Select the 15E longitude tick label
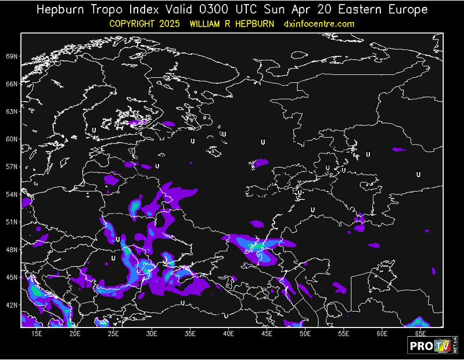pyautogui.click(x=37, y=333)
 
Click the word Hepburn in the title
pyautogui.click(x=62, y=10)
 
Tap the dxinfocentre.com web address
pyautogui.click(x=319, y=24)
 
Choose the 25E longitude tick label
pyautogui.click(x=113, y=333)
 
